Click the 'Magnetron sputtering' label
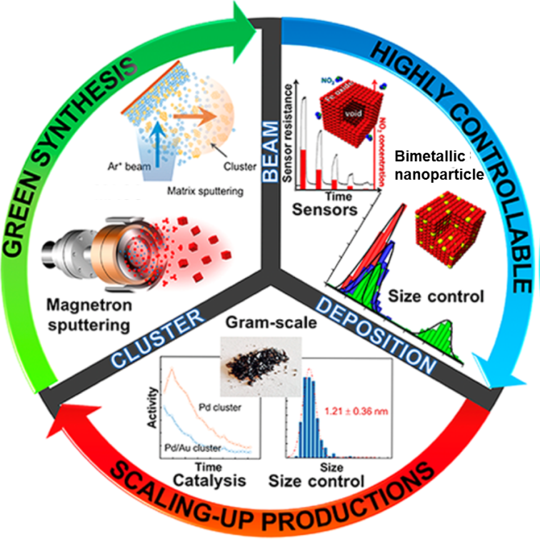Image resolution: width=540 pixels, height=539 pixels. [x=91, y=318]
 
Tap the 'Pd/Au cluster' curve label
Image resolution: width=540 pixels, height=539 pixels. [x=193, y=448]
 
